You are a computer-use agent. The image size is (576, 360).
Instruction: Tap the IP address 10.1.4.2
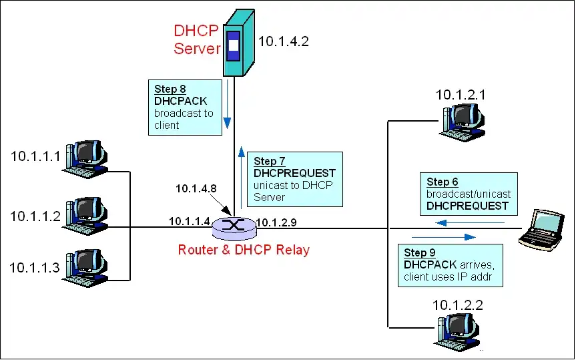284,41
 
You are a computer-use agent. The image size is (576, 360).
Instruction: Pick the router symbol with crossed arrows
234,225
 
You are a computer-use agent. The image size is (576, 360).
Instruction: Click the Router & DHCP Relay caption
244,250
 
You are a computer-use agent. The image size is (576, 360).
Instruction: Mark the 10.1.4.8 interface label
196,188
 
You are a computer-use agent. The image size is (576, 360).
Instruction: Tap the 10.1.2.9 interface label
276,222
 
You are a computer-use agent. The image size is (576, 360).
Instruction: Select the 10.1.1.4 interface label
190,221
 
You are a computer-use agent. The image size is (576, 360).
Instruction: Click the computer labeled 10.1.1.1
85,158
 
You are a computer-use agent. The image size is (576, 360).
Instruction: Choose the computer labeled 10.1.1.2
85,213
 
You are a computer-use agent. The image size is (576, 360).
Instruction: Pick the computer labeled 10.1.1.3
85,265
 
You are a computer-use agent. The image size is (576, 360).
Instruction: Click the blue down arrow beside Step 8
228,104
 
